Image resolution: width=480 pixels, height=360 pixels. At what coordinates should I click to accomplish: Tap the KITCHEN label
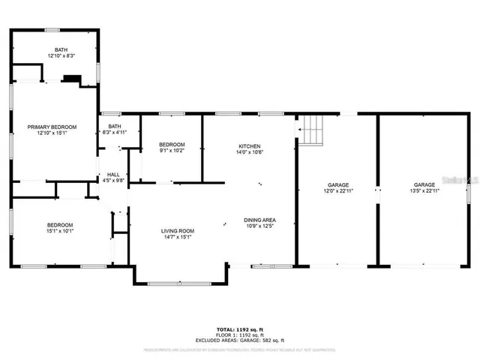[x=249, y=145]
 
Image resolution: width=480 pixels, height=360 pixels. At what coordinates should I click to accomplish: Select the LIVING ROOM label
[x=178, y=231]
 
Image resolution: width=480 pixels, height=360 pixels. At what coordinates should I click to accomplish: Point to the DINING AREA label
[x=259, y=220]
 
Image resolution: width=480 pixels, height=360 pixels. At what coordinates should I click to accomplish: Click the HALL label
[x=113, y=173]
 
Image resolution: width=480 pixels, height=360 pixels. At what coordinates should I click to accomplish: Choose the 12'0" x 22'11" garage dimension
[x=337, y=191]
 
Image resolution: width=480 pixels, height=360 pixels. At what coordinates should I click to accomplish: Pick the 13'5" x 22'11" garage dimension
[x=424, y=191]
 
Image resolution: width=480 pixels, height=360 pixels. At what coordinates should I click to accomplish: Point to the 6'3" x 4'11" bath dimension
[x=115, y=133]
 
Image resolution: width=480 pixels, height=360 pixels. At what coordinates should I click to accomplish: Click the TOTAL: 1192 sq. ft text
[x=240, y=329]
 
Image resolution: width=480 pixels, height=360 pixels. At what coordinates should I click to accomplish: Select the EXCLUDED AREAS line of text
[x=240, y=340]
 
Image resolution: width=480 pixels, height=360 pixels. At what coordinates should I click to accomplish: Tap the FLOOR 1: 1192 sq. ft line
[x=240, y=335]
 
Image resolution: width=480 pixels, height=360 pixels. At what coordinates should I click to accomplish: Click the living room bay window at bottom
[x=181, y=283]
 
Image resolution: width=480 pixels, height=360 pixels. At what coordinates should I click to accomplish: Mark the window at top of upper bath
[x=52, y=30]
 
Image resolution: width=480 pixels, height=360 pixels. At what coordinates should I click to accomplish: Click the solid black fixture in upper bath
[x=73, y=77]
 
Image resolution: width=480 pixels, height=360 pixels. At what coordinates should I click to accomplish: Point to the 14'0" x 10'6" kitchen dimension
[x=249, y=152]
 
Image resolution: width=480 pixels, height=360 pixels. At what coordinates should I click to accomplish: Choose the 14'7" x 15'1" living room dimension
[x=178, y=238]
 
